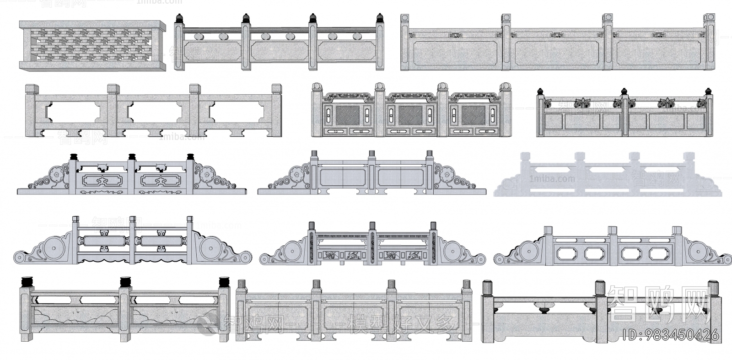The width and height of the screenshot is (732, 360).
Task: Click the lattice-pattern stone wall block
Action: (x=91, y=46)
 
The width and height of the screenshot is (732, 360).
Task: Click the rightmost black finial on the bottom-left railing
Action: (x=224, y=282)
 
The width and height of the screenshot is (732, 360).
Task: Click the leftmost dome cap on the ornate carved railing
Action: (x=317, y=86)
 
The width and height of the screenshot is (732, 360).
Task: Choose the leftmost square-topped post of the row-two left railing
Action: (x=32, y=90)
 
